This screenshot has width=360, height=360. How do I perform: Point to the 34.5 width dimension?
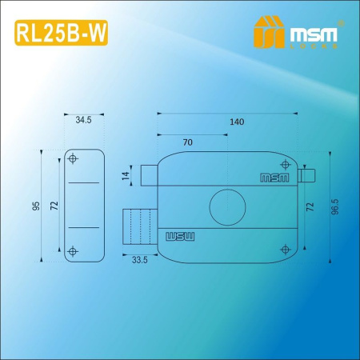84,121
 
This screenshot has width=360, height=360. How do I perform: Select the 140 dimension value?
236,122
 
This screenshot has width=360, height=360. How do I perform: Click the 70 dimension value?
187,142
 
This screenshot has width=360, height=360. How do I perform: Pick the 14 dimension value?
125,175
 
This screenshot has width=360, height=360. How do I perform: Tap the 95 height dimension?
37,206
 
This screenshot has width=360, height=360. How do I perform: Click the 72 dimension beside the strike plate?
54,206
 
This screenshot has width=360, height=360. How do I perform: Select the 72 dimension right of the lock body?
310,206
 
